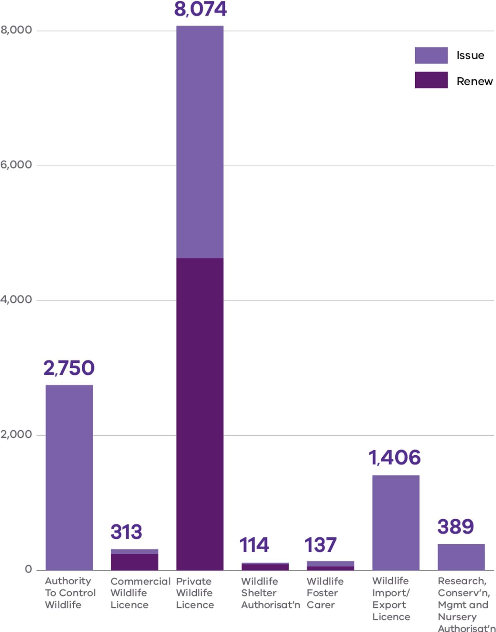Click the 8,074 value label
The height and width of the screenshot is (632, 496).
200,9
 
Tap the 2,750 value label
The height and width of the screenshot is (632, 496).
69,368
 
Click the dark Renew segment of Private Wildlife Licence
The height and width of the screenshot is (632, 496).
200,413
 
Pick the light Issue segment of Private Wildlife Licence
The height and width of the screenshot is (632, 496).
200,142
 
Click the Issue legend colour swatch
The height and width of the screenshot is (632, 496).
431,55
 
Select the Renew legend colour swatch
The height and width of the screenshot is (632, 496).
431,80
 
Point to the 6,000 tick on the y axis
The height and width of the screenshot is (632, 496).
16,165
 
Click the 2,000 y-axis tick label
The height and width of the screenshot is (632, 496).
16,434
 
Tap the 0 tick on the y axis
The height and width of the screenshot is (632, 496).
28,569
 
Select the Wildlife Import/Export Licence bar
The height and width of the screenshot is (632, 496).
396,523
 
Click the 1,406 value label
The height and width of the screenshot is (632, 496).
395,458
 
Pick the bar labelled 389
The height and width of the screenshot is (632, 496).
461,557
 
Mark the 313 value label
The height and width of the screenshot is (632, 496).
126,532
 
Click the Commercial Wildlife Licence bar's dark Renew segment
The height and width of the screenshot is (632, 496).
134,562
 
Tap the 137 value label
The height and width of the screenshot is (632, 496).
321,545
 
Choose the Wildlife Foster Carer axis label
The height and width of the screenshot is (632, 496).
325,593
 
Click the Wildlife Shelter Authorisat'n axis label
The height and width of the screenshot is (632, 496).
270,593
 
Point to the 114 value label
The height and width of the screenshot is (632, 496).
254,545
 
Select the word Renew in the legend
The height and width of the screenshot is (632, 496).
474,81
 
